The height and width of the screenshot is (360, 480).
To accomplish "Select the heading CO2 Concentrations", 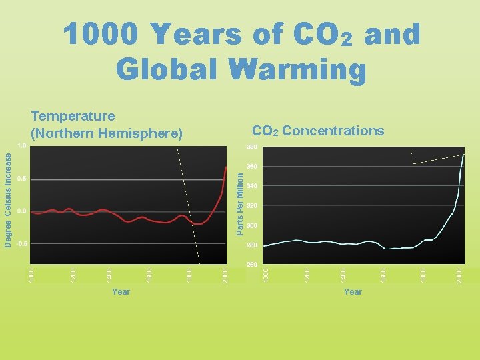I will [x=317, y=131].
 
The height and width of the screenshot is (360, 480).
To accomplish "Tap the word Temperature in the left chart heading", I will [x=73, y=117].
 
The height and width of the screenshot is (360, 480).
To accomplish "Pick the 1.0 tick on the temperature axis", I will [x=22, y=145].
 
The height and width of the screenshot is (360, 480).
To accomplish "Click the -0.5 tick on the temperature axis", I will [x=22, y=244].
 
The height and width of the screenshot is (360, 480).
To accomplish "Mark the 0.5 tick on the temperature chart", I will [x=22, y=179].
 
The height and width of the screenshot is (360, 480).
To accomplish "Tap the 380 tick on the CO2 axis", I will [x=252, y=147].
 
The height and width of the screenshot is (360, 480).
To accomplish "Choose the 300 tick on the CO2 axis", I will [x=252, y=226].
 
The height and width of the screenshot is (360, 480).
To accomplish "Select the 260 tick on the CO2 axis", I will [x=252, y=265].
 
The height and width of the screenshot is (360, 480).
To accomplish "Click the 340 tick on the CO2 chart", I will [x=252, y=186].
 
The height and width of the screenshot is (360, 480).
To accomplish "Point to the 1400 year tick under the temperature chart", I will [x=109, y=273].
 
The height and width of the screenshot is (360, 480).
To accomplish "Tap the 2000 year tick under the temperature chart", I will [x=226, y=273].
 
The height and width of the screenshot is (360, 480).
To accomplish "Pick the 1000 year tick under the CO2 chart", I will [x=265, y=273].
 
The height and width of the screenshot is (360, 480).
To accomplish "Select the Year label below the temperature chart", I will [x=121, y=292].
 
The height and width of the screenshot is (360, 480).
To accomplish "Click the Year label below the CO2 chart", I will [x=353, y=292].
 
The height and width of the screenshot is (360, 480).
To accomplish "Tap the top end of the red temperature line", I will [x=227, y=166].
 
